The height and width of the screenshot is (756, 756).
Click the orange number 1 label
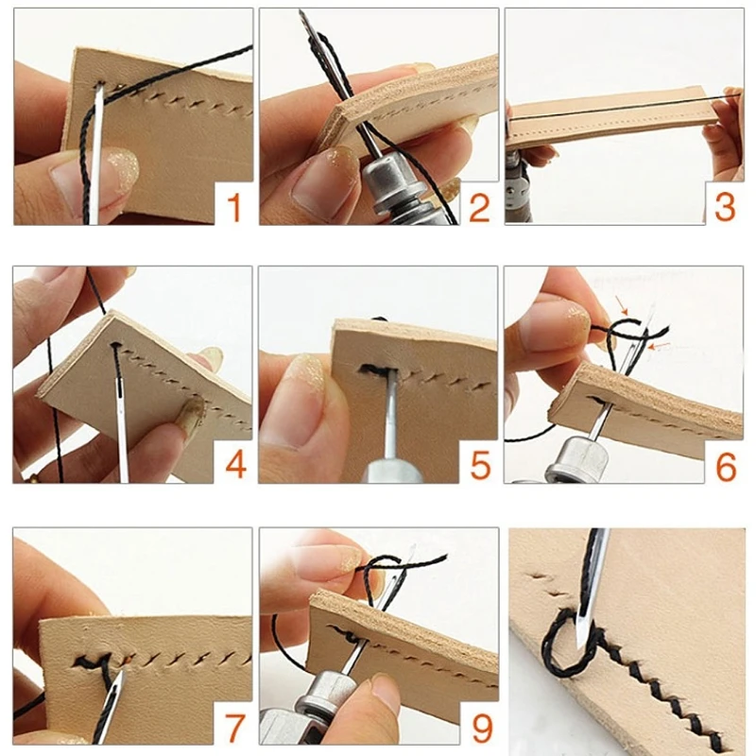(232, 205)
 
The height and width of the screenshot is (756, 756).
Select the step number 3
(723, 205)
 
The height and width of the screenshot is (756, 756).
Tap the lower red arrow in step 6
(663, 347)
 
